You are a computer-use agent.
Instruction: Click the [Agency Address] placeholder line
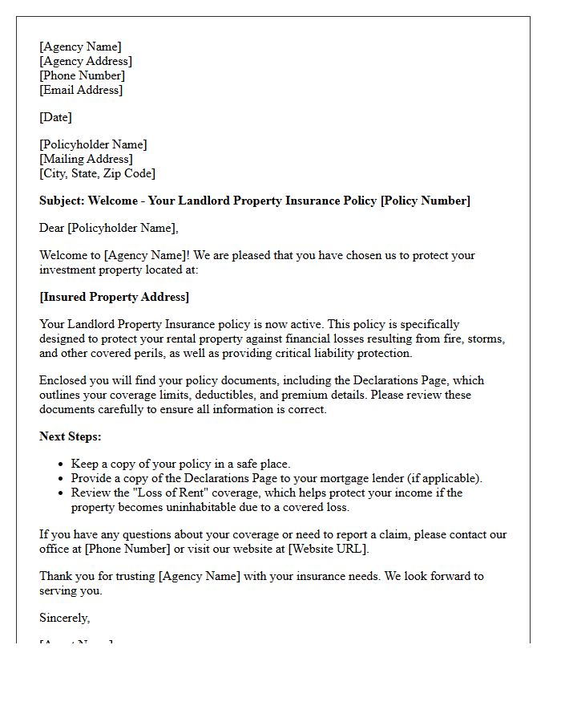click(86, 61)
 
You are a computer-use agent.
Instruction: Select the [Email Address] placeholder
click(81, 90)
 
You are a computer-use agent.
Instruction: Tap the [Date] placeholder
click(55, 117)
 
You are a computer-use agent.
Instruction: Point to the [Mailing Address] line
click(86, 159)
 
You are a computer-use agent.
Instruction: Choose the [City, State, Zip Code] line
click(97, 173)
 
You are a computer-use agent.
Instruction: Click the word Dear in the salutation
click(52, 228)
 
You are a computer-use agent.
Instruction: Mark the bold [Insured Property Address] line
click(114, 297)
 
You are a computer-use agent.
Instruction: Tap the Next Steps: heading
click(71, 436)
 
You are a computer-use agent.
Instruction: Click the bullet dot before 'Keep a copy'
click(61, 464)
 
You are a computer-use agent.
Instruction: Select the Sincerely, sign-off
click(64, 618)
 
